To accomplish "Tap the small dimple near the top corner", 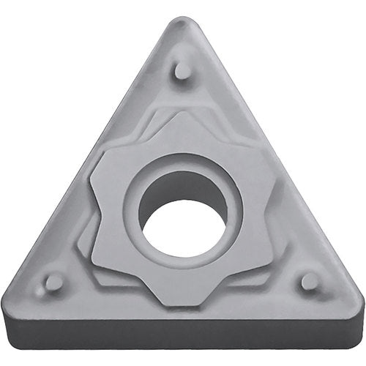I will coord(183,71).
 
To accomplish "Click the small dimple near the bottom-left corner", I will coord(52,283).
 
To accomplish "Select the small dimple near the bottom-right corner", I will coord(310,281).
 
